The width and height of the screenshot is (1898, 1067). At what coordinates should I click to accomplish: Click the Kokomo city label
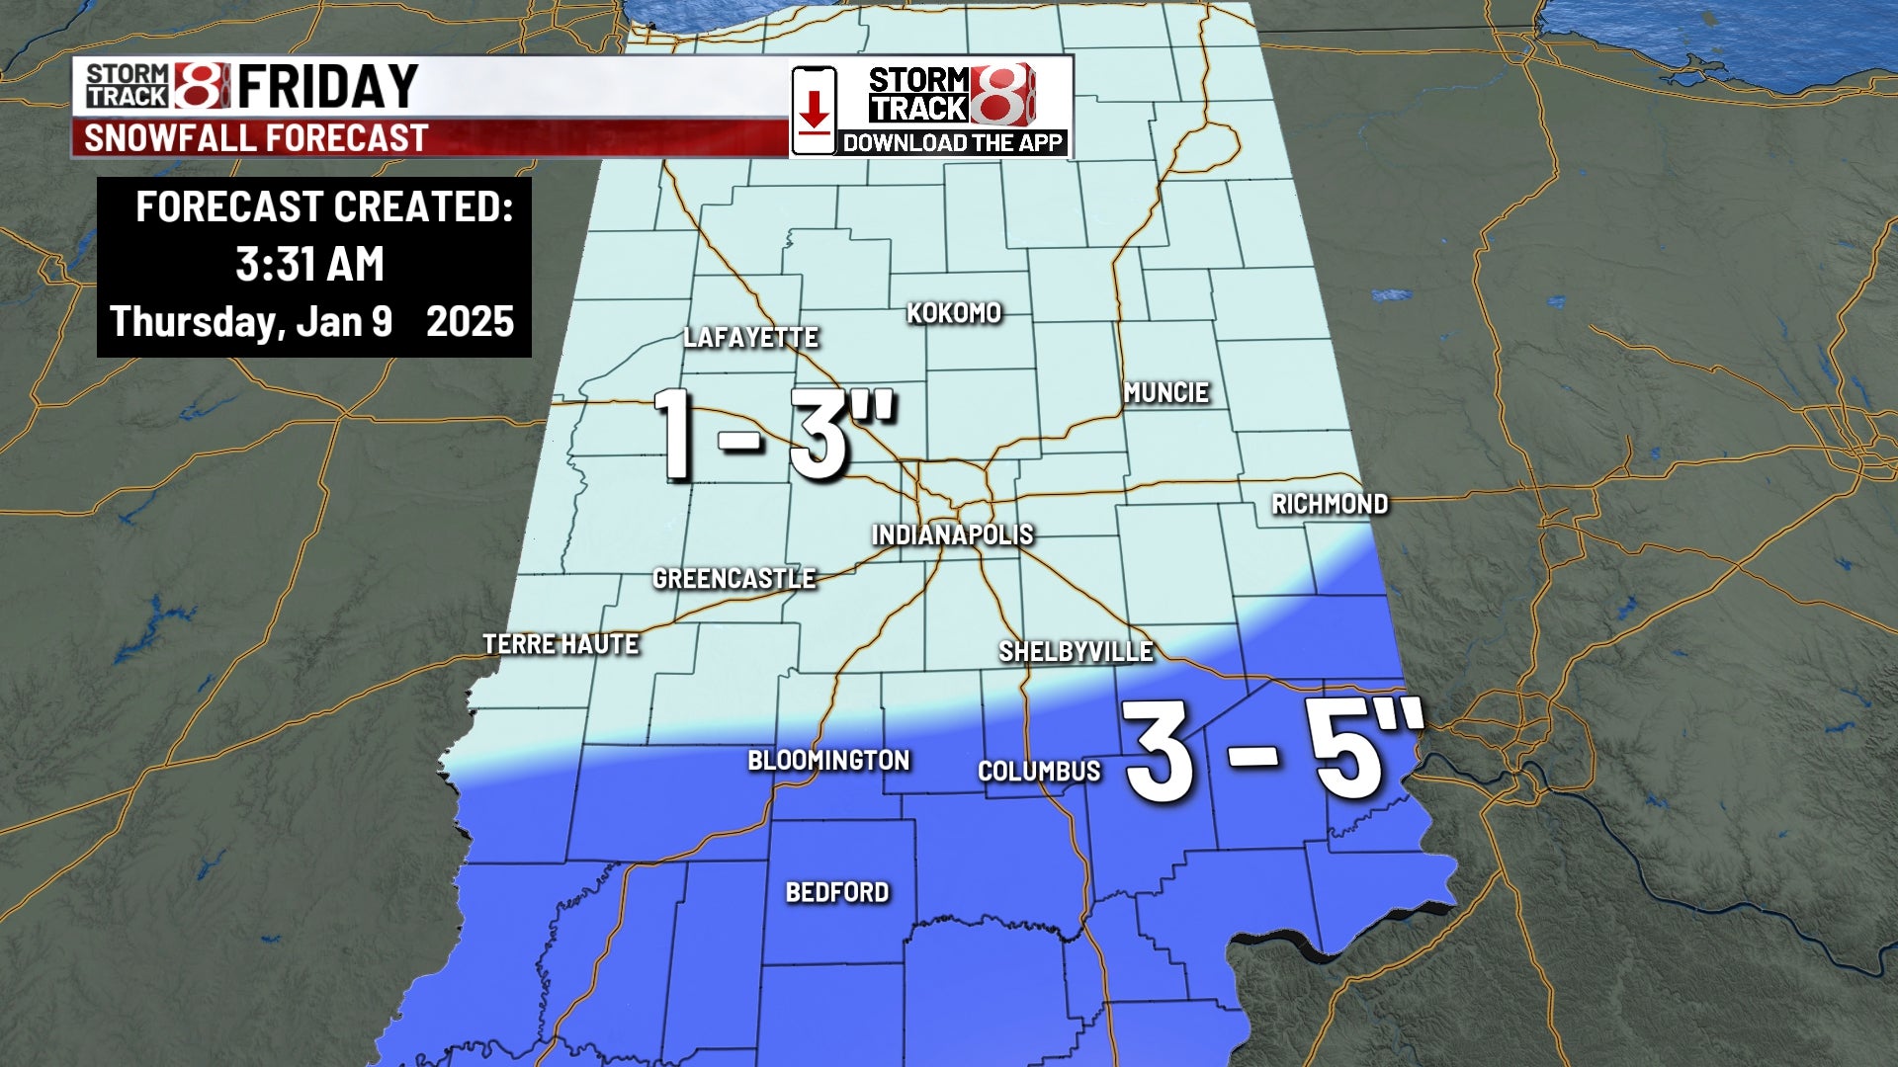click(954, 313)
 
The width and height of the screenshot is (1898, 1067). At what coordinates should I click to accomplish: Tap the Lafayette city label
click(750, 338)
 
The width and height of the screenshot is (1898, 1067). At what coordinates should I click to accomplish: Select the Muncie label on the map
click(1166, 392)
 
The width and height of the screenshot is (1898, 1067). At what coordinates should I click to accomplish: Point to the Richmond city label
click(1330, 504)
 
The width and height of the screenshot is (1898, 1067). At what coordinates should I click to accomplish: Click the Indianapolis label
click(952, 535)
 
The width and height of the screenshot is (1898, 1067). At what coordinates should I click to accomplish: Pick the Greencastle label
click(733, 579)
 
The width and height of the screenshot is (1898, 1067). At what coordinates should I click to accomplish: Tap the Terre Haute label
click(561, 644)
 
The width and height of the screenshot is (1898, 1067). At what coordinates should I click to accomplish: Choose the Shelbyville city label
click(1076, 652)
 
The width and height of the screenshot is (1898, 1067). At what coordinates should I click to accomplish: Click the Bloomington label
click(828, 761)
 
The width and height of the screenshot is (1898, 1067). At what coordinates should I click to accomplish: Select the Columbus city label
click(1039, 772)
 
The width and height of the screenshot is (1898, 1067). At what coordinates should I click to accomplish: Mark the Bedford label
click(837, 893)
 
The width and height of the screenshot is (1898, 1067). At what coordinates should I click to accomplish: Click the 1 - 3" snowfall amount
click(774, 434)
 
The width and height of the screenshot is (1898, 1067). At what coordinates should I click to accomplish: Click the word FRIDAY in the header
click(327, 87)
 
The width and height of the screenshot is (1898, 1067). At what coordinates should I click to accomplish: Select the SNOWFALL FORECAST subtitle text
click(256, 138)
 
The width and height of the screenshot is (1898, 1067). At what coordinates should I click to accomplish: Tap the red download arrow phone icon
click(814, 111)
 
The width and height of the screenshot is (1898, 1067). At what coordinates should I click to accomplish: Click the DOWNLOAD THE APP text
click(952, 143)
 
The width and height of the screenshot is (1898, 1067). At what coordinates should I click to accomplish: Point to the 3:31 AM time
click(309, 265)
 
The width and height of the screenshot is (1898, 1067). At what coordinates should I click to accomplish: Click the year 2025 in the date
click(470, 322)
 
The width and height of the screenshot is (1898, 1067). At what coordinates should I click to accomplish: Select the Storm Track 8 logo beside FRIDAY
click(156, 86)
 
